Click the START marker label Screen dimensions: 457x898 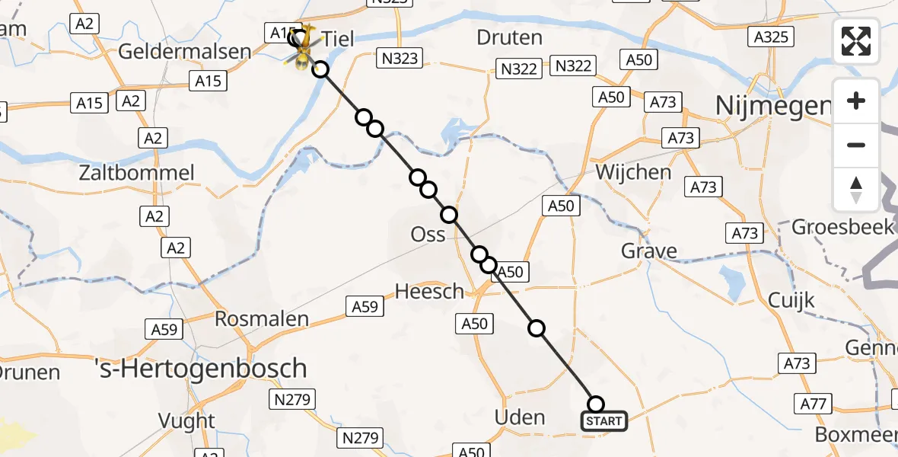pyautogui.click(x=605, y=420)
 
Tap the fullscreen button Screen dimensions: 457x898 pyautogui.click(x=856, y=41)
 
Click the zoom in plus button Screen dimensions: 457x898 pyautogui.click(x=856, y=101)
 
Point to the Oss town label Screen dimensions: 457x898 pyautogui.click(x=428, y=235)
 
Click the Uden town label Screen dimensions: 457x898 pyautogui.click(x=520, y=417)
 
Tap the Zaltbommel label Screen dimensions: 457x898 pyautogui.click(x=137, y=173)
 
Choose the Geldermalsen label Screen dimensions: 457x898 pyautogui.click(x=185, y=52)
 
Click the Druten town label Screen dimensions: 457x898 pyautogui.click(x=509, y=37)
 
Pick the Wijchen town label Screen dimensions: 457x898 pyautogui.click(x=633, y=172)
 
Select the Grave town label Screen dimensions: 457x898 pyautogui.click(x=648, y=251)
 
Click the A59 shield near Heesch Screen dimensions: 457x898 pyautogui.click(x=363, y=307)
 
